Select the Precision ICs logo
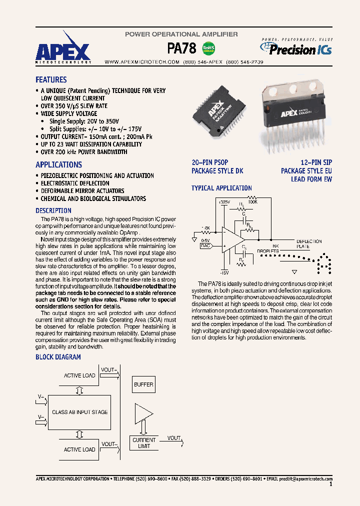(295, 48)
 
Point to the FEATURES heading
(51, 79)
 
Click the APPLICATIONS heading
(58, 164)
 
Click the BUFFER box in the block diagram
(143, 385)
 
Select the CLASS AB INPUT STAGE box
(79, 412)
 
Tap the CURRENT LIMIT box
(143, 443)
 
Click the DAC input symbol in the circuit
(205, 245)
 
